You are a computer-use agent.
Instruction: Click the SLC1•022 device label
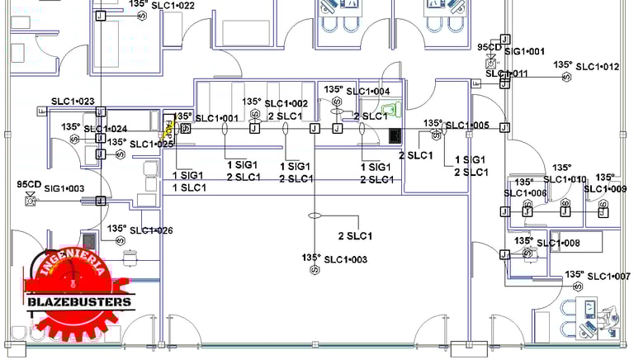pos(173,6)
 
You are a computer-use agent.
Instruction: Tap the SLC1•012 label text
pos(597,66)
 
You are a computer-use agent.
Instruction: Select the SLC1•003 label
pos(345,259)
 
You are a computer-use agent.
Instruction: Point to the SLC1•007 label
pos(608,275)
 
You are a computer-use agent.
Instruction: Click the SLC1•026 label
pos(151,230)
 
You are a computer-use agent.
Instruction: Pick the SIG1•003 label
pos(64,189)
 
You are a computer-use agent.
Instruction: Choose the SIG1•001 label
pos(524,51)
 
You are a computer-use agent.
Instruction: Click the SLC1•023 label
pos(73,102)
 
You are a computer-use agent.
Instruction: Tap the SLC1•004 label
pos(368,91)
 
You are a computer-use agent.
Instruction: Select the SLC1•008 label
pos(558,243)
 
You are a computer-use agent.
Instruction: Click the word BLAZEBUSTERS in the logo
pos(79,302)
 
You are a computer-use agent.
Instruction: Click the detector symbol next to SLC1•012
pos(567,77)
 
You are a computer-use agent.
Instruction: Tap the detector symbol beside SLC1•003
pos(313,269)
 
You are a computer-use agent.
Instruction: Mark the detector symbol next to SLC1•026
pos(120,240)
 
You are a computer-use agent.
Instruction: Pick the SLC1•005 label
pos(467,126)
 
